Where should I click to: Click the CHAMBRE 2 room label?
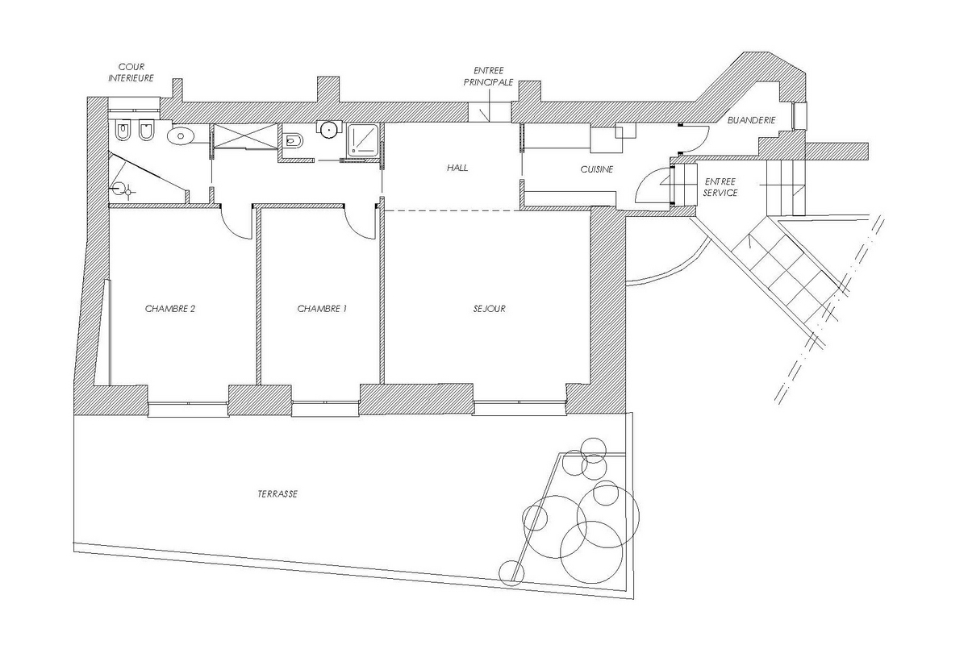[x=170, y=309]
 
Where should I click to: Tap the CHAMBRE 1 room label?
[x=322, y=309]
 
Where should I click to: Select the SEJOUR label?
[x=489, y=309]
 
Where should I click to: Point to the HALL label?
[x=457, y=168]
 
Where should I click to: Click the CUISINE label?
[x=596, y=169]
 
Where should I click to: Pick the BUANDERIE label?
[x=752, y=120]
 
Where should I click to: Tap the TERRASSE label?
[x=277, y=493]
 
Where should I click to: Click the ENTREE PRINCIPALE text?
[x=488, y=76]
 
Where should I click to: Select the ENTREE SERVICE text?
[x=720, y=187]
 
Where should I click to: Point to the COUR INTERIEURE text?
[x=131, y=73]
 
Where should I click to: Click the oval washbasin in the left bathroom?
[x=181, y=136]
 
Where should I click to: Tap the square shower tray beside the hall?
[x=363, y=139]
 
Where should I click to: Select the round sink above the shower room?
[x=329, y=130]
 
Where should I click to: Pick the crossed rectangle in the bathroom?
[x=245, y=136]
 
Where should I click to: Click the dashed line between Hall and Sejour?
[x=452, y=210]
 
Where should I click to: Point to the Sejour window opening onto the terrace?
[x=519, y=408]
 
